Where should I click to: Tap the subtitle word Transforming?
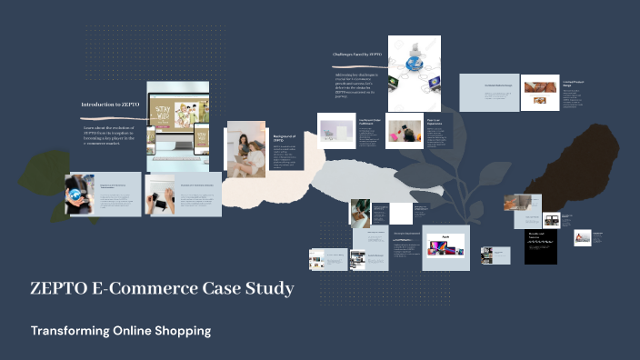pyautogui.click(x=68, y=331)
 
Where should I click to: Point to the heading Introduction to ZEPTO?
pyautogui.click(x=110, y=105)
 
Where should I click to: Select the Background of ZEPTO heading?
pyautogui.click(x=285, y=138)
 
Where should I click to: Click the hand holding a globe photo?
pyautogui.click(x=80, y=194)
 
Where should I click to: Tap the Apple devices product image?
pyautogui.click(x=446, y=244)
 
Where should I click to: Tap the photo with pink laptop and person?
pyautogui.click(x=405, y=131)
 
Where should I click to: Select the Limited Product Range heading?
pyautogui.click(x=572, y=83)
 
